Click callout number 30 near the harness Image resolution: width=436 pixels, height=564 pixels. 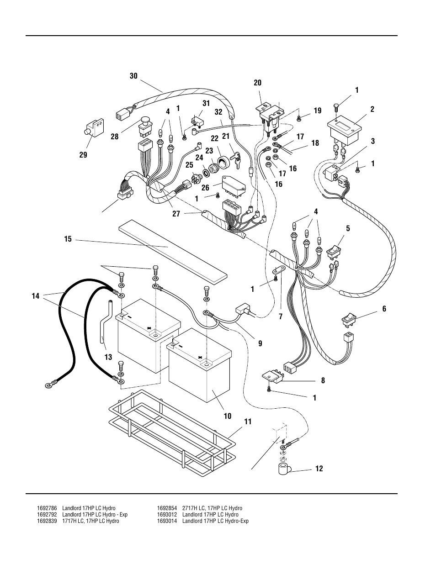click(133, 76)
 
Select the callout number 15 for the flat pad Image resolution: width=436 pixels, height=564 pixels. click(68, 239)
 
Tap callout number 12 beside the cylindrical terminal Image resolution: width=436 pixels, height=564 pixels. click(319, 469)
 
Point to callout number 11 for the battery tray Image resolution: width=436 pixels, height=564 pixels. click(247, 422)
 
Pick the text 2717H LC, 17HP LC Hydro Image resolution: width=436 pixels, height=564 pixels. click(212, 508)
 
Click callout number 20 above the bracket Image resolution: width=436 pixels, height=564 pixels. click(258, 83)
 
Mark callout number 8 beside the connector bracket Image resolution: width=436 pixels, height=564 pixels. click(323, 380)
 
